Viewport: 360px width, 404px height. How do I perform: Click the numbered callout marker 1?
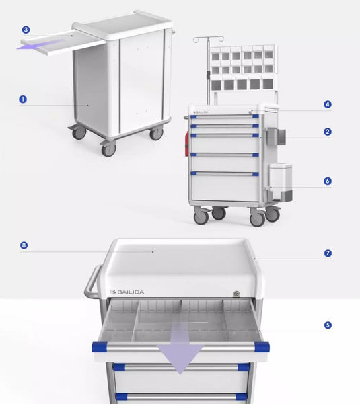tap(23, 99)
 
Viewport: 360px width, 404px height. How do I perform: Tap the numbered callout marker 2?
tap(327, 132)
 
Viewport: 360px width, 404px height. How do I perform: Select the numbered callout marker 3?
tap(26, 30)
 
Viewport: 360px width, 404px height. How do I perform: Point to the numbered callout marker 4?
tap(327, 104)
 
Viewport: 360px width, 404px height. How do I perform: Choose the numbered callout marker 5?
tap(328, 325)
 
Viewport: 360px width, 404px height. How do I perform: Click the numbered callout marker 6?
tap(327, 181)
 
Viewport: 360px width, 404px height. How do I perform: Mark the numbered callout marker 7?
tap(328, 253)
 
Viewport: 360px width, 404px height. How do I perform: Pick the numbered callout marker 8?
tap(24, 245)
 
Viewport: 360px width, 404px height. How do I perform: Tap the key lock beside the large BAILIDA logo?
tap(233, 293)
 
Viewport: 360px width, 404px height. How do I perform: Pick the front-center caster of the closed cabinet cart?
tap(108, 149)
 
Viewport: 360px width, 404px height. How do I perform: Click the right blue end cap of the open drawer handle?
tap(262, 347)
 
